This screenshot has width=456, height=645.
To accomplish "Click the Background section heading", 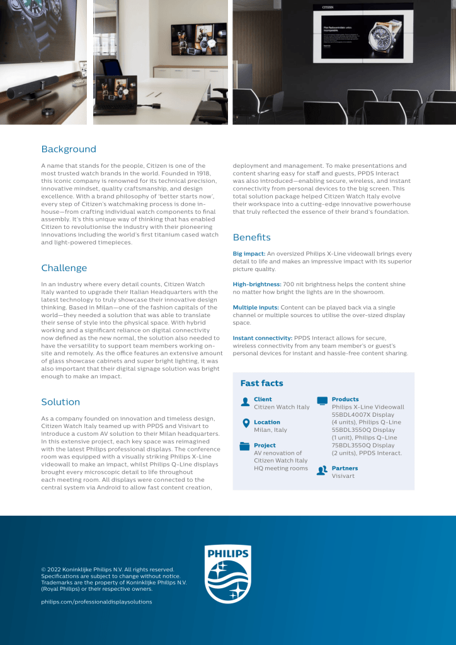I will coord(69,149).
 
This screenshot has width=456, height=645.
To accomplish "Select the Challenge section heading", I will coord(64,268).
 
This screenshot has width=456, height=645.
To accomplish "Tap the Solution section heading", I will coord(60,402).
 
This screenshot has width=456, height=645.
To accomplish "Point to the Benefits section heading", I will coord(251,238).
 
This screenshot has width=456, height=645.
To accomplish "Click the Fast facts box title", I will coord(261,383).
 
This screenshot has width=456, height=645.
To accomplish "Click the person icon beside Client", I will coord(245,402).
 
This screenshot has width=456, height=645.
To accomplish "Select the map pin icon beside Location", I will coord(245,424).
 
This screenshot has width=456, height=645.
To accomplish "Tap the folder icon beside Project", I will coord(245,446).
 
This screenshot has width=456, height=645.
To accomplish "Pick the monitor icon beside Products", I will coord(322,401).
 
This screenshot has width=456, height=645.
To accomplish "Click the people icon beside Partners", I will coord(322,470).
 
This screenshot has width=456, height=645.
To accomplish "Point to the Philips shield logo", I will coord(228,574).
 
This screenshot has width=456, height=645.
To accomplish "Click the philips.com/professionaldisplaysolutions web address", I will coord(96,601).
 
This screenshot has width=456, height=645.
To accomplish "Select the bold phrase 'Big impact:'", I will coord(249,253).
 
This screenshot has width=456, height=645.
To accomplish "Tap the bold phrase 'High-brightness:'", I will coord(257,284).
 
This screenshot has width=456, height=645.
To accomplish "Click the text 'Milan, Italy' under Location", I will coord(270,430).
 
